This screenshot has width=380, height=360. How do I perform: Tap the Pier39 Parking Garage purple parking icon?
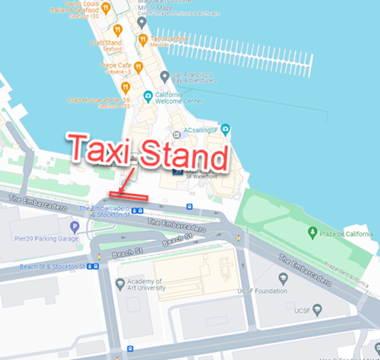click(x=75, y=227)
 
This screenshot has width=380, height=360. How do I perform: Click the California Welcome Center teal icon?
click(x=148, y=96)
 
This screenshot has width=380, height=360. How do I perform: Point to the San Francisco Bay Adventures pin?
click(x=164, y=76)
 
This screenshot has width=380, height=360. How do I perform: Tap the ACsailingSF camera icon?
click(x=225, y=129)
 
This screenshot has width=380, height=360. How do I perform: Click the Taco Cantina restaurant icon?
click(x=143, y=39)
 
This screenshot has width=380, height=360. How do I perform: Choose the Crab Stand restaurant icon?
click(x=117, y=30)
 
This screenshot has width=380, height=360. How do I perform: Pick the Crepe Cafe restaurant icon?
click(x=139, y=67)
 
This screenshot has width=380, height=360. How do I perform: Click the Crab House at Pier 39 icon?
click(x=126, y=87)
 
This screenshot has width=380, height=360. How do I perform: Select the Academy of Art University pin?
click(x=120, y=283)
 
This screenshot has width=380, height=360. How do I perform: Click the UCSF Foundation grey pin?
click(x=283, y=278)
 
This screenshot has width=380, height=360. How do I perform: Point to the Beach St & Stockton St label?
click(x=43, y=266)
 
